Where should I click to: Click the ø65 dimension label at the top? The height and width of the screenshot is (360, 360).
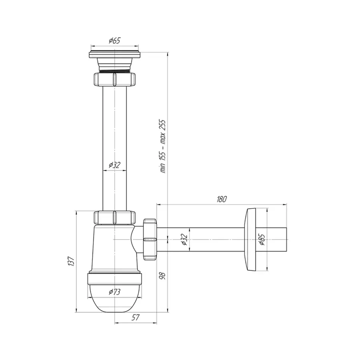[114, 41]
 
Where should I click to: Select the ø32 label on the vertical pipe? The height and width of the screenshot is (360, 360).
[114, 164]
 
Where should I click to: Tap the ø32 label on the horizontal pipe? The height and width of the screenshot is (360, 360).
[184, 239]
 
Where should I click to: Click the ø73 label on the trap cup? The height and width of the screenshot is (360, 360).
[114, 292]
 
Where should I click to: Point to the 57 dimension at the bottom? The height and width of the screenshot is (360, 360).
[136, 318]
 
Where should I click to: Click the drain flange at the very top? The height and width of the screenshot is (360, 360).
[114, 53]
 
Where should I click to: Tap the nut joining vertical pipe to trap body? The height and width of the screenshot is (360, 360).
[114, 218]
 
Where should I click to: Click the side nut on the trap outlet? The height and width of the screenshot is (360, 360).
[149, 239]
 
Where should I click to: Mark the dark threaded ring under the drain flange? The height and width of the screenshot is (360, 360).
[114, 70]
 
